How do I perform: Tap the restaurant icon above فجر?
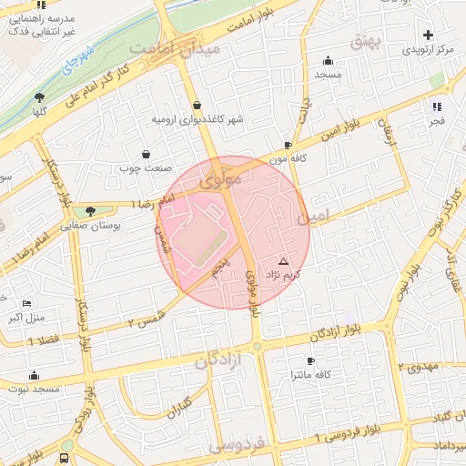(x=436, y=106)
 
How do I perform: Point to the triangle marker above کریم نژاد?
(x=282, y=261)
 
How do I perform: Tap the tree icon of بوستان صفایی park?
(x=89, y=210)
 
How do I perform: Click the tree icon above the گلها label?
(x=39, y=96)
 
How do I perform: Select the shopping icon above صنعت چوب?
(x=147, y=154)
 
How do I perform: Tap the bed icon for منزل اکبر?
(x=26, y=303)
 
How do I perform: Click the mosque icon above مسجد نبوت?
(x=35, y=375)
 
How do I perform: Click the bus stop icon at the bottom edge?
(x=65, y=458)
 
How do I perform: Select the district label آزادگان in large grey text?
(x=219, y=361)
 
